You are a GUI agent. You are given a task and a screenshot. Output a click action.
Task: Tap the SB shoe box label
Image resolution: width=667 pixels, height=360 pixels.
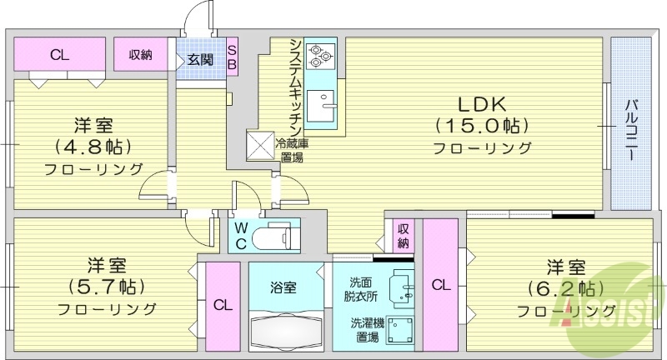pyautogui.click(x=232, y=55)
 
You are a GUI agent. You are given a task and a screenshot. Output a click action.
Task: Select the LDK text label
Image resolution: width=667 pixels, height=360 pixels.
pyautogui.click(x=481, y=105)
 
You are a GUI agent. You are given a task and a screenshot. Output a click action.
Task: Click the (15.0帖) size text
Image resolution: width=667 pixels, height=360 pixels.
pyautogui.click(x=482, y=127)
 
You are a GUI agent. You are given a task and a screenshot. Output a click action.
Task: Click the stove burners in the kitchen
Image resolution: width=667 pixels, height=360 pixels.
pyautogui.click(x=319, y=55)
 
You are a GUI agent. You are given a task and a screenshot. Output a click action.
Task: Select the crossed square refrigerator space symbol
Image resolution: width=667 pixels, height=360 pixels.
pyautogui.click(x=258, y=143)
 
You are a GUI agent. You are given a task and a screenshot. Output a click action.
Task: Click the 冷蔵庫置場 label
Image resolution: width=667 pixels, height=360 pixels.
pyautogui.click(x=290, y=150)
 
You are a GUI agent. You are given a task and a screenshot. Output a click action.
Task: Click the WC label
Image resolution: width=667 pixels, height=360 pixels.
pyautogui.click(x=239, y=234)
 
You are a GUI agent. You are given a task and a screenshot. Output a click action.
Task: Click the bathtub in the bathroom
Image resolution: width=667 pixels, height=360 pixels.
pyautogui.click(x=283, y=331)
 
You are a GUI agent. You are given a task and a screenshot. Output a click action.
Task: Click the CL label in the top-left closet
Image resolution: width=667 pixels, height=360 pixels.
pyautogui.click(x=58, y=56)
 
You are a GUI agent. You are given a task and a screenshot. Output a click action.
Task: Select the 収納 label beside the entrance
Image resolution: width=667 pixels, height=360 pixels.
pyautogui.click(x=140, y=56)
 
